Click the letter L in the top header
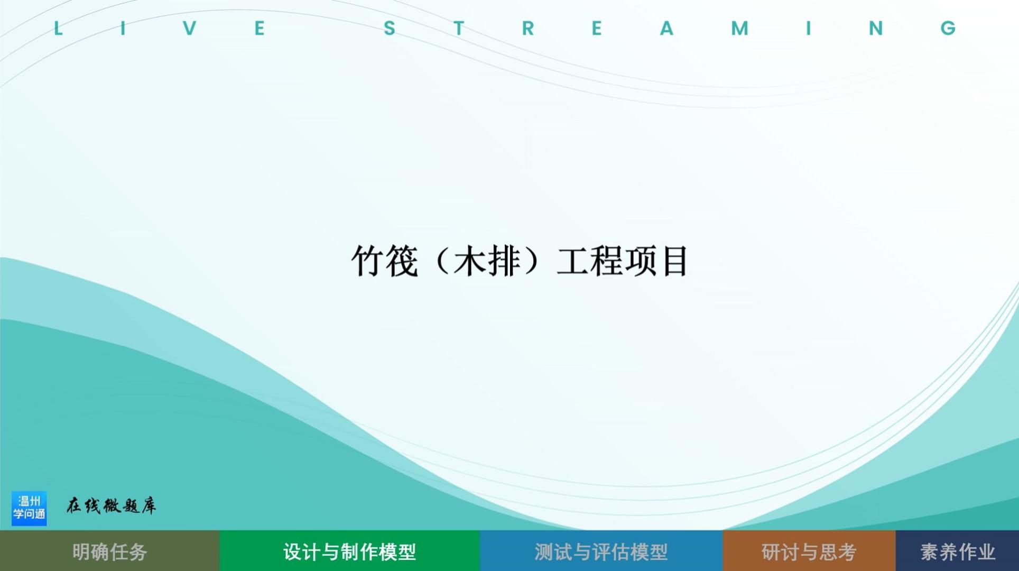(58, 28)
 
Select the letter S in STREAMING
(390, 28)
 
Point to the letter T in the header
(459, 28)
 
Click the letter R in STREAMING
(527, 28)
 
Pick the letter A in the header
(667, 28)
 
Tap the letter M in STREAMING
(739, 28)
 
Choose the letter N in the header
(876, 28)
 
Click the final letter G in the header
(948, 28)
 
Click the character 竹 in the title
(368, 261)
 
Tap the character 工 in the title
(573, 261)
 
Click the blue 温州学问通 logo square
(29, 508)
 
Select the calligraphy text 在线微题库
(112, 506)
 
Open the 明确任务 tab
(109, 551)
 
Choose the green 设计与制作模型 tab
(349, 551)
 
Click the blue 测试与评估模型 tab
(601, 551)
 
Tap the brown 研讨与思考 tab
(809, 551)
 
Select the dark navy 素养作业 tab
(957, 551)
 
